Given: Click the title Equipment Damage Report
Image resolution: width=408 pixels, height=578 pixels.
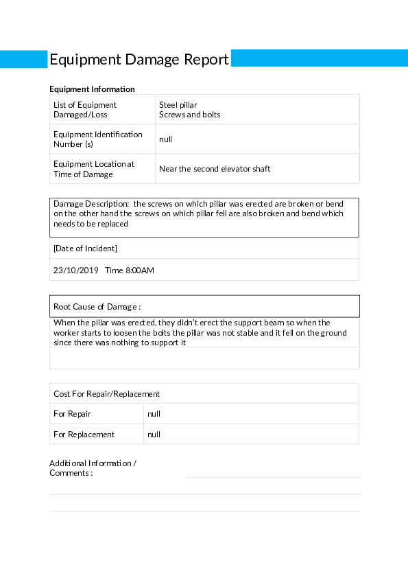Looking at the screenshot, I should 139,60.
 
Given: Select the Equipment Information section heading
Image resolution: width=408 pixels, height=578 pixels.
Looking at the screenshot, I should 92,89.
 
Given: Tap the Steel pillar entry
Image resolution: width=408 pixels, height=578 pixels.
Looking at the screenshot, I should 178,105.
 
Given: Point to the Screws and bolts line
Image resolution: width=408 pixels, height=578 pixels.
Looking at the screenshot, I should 189,115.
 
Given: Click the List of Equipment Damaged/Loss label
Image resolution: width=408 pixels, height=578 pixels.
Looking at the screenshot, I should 85,110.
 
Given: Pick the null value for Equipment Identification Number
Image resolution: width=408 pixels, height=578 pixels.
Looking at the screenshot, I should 165,139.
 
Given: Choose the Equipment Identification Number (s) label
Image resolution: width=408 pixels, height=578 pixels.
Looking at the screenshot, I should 98,139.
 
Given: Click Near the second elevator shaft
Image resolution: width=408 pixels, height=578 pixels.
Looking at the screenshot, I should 215,169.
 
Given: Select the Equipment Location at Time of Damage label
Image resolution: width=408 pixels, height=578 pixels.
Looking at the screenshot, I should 94,169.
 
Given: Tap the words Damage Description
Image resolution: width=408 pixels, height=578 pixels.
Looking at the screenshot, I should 91,204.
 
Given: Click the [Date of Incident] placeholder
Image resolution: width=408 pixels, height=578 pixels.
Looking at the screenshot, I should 85,248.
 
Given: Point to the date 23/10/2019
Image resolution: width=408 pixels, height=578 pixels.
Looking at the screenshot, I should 76,270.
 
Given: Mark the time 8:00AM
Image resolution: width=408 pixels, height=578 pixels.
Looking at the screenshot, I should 130,270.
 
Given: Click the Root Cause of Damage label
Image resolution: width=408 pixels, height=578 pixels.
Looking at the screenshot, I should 97,307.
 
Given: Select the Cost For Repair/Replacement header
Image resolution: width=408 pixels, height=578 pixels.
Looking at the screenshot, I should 106,394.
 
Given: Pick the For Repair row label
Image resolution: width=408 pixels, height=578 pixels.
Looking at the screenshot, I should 72,414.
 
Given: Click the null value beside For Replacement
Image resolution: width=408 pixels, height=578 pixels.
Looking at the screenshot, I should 154,435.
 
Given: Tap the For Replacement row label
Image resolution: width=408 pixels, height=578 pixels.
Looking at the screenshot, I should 84,435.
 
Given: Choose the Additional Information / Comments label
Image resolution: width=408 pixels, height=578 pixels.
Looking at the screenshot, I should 93,468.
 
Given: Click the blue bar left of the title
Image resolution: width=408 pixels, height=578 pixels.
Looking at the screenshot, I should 23,59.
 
